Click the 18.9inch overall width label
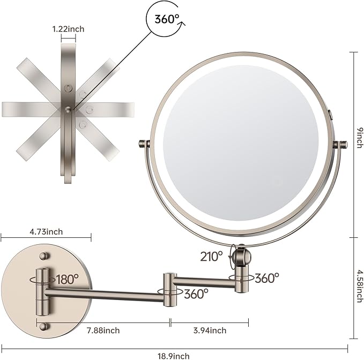[x=174, y=355]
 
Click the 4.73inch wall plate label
[x=47, y=231]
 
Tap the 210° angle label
[x=212, y=256]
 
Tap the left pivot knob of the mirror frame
[x=143, y=144]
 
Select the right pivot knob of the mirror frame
[x=339, y=144]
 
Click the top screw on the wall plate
[x=44, y=250]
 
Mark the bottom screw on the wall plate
[x=44, y=326]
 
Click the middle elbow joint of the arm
[x=170, y=289]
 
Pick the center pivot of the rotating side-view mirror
[x=69, y=109]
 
